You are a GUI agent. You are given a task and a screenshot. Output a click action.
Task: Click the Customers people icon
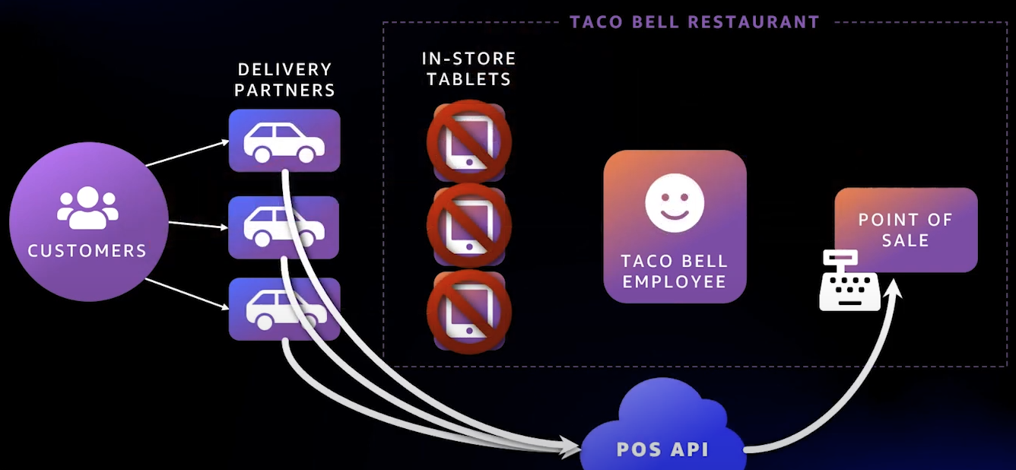click(x=87, y=208)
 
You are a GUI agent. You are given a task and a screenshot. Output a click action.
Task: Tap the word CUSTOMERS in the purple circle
click(x=87, y=250)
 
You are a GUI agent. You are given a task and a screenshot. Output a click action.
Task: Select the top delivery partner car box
click(x=284, y=141)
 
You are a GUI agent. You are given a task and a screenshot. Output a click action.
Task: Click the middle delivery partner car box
click(x=284, y=227)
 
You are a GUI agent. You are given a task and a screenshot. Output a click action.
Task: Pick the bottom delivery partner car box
click(x=284, y=309)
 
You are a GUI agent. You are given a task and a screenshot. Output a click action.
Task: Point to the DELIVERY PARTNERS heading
click(x=284, y=79)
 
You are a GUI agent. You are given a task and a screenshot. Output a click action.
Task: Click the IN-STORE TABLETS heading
click(x=468, y=68)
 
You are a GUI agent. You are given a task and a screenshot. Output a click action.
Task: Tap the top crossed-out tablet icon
click(x=468, y=141)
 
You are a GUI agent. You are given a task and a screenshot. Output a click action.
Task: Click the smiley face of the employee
click(x=675, y=202)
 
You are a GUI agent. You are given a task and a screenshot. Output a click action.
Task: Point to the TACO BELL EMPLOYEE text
click(x=675, y=271)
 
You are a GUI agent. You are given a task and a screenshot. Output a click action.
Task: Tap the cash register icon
click(x=849, y=281)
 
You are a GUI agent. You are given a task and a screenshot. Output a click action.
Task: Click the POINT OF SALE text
click(x=905, y=230)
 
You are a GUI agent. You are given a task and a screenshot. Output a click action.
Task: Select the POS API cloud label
click(x=662, y=449)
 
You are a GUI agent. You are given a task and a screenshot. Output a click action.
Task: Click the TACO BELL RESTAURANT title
click(x=694, y=21)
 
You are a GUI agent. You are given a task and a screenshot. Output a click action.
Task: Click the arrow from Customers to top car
click(x=186, y=153)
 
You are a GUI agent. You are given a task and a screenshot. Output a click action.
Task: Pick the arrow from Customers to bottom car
click(x=186, y=294)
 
